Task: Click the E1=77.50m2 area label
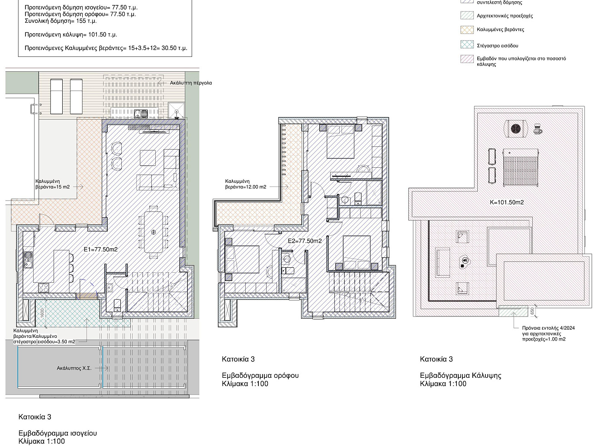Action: click(x=101, y=250)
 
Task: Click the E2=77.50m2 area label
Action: click(x=305, y=241)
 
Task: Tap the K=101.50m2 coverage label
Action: click(x=507, y=202)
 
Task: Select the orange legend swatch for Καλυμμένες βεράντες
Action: click(x=467, y=30)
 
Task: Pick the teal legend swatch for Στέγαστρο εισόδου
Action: click(x=467, y=45)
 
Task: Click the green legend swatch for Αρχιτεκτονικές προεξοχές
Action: click(x=467, y=15)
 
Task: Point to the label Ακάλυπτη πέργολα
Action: click(x=191, y=83)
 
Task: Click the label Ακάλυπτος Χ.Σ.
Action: click(x=74, y=368)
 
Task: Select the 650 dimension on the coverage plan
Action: click(x=532, y=311)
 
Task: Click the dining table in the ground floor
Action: click(x=153, y=232)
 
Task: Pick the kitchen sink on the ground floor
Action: click(x=28, y=260)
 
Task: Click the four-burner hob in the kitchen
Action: click(x=44, y=288)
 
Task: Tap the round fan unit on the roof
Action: click(x=516, y=129)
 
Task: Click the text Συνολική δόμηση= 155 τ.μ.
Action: click(x=60, y=21)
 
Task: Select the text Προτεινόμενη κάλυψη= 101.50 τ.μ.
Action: click(x=71, y=35)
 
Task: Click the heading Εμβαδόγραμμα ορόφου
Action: click(x=260, y=376)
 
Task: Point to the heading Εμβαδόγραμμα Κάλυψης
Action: click(x=460, y=376)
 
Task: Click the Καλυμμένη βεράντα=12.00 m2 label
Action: click(x=246, y=184)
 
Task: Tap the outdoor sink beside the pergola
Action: click(x=141, y=114)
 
